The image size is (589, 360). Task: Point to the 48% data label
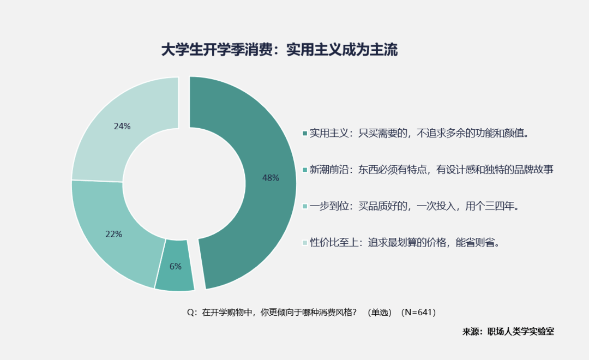tap(271, 178)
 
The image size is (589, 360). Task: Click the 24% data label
tap(122, 126)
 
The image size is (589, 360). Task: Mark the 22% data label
tap(113, 234)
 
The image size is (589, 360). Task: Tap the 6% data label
tap(176, 266)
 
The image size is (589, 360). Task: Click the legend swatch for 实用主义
tap(305, 134)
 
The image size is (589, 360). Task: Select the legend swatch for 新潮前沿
tap(305, 170)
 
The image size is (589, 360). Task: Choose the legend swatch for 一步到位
tap(305, 206)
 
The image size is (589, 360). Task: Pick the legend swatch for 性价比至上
tap(305, 243)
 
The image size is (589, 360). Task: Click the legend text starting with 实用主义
tap(419, 134)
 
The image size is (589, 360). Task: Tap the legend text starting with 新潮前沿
tap(431, 170)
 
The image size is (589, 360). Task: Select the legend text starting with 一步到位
tap(414, 206)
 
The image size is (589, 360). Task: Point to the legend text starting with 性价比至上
tap(405, 243)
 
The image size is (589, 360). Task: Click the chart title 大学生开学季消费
tap(218, 50)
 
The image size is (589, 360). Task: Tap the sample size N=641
tap(418, 313)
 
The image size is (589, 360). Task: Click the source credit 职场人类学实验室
tap(521, 332)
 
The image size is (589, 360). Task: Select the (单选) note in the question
tap(380, 313)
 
